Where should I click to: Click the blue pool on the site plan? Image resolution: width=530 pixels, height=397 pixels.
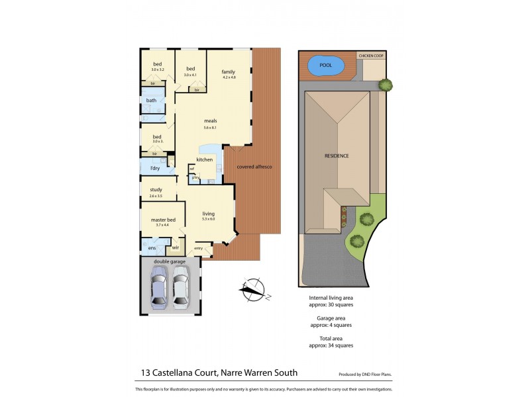pos(326,66)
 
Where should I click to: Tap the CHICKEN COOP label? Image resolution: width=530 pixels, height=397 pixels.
pos(370,56)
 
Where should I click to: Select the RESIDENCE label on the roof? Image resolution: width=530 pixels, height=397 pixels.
pos(337,155)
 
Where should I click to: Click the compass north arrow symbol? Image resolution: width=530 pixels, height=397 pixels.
pos(252,288)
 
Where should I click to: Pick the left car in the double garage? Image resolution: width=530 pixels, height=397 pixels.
pos(160,286)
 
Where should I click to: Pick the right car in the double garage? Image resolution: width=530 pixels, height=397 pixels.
pos(181,286)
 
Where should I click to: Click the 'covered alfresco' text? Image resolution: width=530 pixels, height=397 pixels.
pos(254,167)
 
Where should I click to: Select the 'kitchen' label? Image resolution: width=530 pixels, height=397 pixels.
pos(204,159)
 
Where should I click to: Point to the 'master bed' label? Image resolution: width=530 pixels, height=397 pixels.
pos(163,220)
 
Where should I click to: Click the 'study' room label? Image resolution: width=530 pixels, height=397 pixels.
pos(156,190)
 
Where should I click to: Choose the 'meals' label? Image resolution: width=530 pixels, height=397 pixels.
pos(211,121)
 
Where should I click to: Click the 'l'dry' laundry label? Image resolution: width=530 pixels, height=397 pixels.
pos(154,168)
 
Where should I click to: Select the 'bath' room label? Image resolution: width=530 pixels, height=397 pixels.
pos(152,101)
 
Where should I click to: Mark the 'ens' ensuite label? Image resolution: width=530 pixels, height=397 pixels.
pos(151,248)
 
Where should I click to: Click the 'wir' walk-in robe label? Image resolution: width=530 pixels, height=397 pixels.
pos(176,248)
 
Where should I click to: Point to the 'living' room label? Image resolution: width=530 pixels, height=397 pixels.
pos(209,213)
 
